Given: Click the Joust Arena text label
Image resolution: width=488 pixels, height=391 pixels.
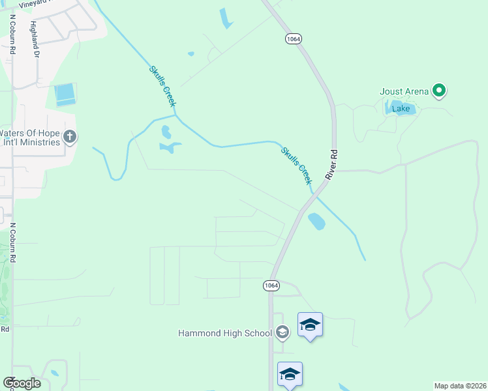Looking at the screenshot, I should tap(404, 91).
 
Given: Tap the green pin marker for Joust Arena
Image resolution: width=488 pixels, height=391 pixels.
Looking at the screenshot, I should tap(439, 91).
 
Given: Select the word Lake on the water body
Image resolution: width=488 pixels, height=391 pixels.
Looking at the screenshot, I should tap(401, 108).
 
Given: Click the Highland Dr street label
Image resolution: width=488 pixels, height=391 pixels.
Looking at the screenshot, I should tap(34, 39).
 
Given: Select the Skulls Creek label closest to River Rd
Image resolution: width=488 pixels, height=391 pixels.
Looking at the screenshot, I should tap(297, 166).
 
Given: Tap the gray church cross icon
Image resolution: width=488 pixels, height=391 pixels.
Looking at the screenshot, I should tap(70, 138).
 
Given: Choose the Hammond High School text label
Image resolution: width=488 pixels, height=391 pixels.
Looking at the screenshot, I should tap(224, 333).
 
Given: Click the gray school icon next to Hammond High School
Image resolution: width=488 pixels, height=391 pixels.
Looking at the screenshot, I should tap(282, 333).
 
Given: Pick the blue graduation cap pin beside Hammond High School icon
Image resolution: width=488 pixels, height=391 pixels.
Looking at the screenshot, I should tap(310, 325).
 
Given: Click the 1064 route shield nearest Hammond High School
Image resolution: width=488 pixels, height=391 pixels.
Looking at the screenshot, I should tap(272, 285).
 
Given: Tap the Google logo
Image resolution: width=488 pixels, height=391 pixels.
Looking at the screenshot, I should tap(22, 383).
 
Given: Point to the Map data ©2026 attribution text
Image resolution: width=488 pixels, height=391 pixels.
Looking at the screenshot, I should tap(460, 386).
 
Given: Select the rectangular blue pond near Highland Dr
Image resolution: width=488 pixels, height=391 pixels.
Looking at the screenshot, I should tap(65, 95).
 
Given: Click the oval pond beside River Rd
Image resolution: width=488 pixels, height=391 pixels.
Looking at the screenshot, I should tap(316, 222).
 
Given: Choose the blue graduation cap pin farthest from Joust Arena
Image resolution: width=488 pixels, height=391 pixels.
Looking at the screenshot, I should tap(290, 375).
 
